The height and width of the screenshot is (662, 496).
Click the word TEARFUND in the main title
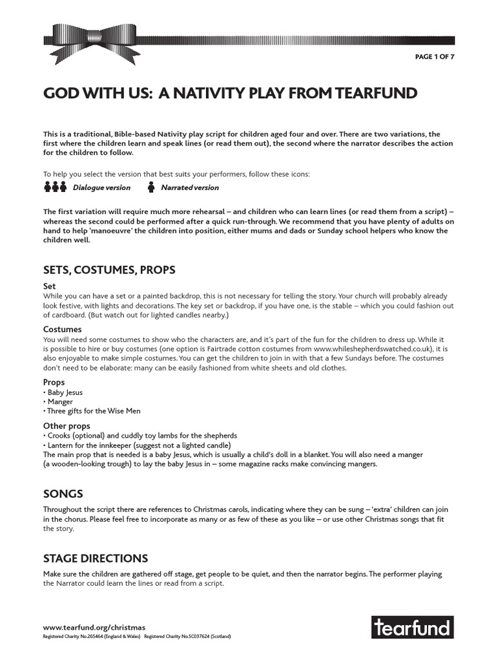pos(375,93)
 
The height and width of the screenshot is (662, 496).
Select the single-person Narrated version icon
pos(151,187)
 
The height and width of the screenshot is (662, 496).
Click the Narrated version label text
pos(189,187)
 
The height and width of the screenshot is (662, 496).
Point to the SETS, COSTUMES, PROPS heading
pos(109,270)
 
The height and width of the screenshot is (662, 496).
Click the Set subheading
pos(50,286)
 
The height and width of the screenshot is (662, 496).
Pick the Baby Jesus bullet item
pos(64,392)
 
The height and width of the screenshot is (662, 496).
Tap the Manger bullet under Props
pos(59,401)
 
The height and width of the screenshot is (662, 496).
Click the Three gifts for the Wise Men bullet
pos(92,411)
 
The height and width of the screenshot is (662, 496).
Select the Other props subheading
pos(67,426)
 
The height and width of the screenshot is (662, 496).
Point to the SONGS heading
pos(63,494)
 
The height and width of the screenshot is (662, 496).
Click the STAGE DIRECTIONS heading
pos(96,559)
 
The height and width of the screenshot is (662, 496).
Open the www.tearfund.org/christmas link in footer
pos(94,627)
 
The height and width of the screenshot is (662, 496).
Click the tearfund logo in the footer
pos(413,627)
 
